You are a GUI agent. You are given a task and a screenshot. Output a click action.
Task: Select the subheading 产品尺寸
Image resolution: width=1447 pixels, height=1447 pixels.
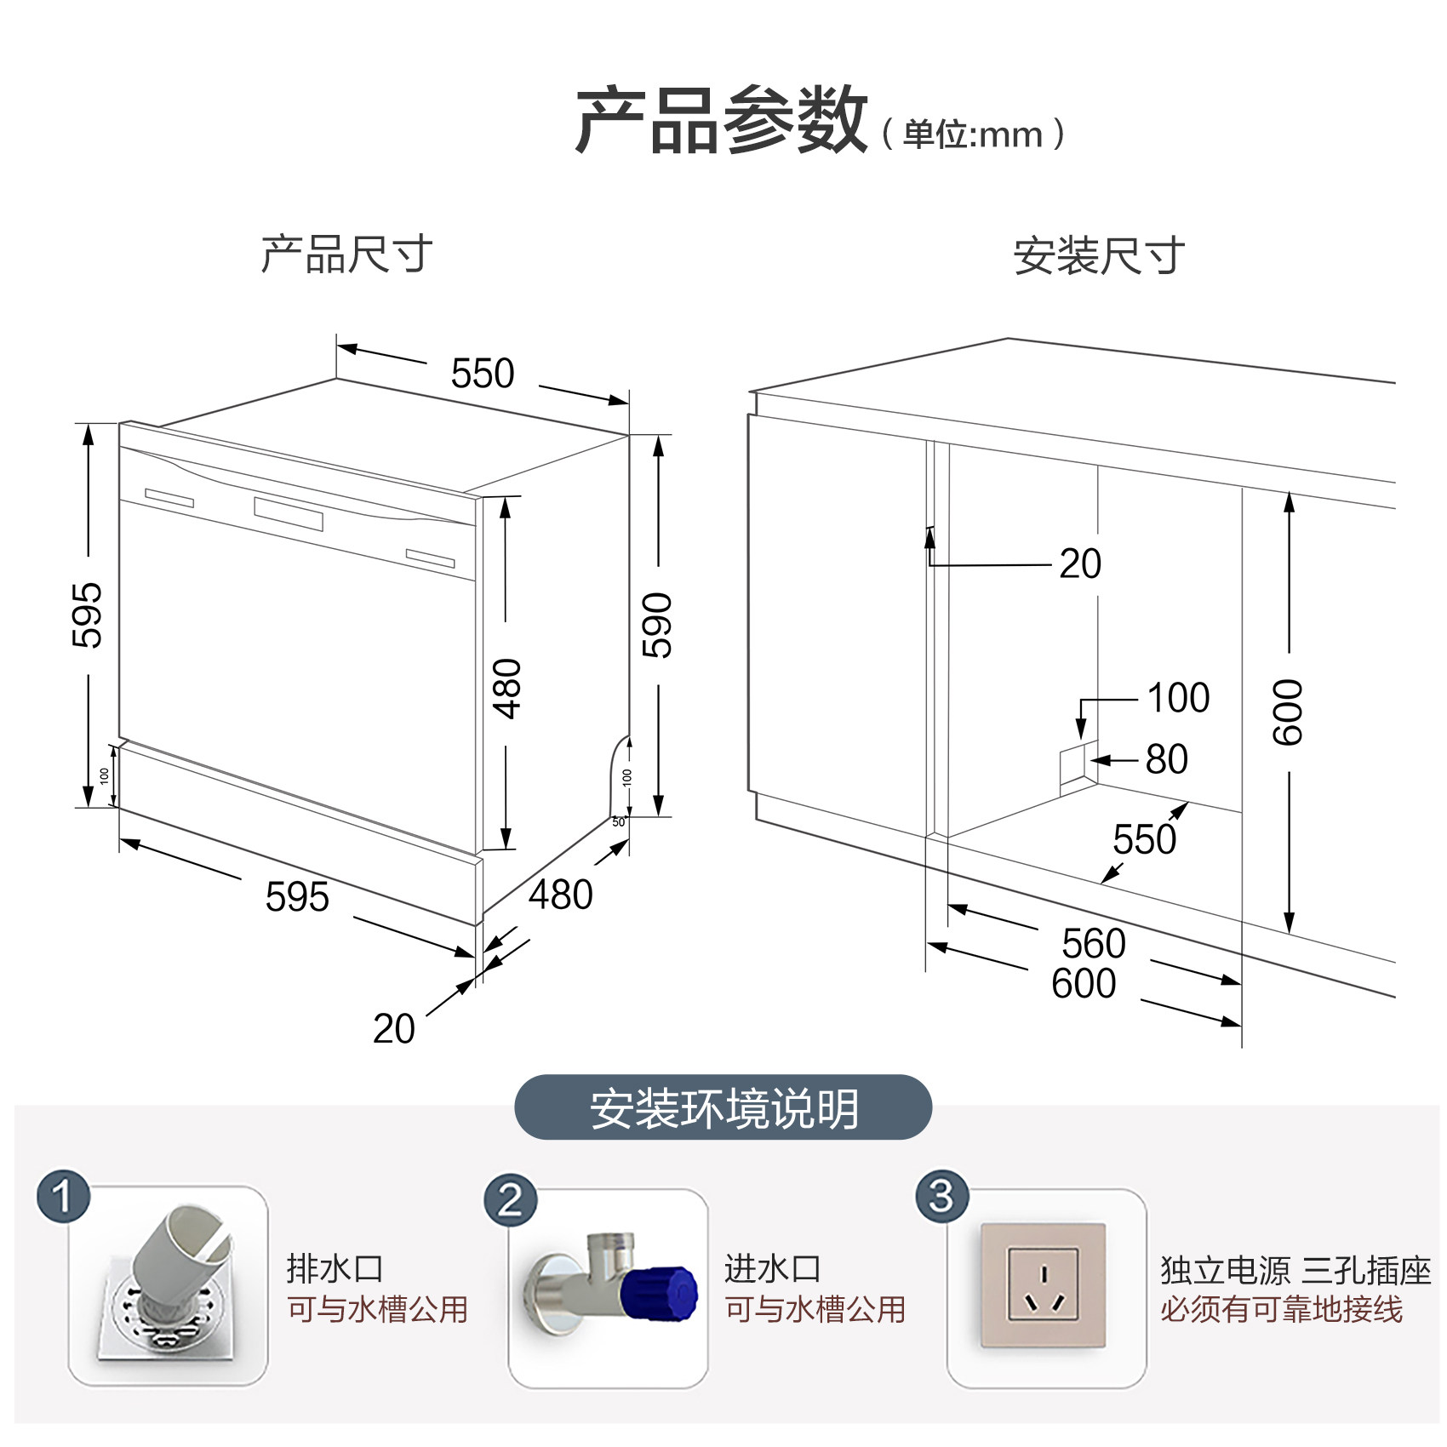(x=346, y=254)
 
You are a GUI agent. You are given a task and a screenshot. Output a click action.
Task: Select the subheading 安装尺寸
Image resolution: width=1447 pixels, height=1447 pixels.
(x=1099, y=255)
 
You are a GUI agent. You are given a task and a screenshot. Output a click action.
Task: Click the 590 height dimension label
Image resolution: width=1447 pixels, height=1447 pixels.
(x=657, y=626)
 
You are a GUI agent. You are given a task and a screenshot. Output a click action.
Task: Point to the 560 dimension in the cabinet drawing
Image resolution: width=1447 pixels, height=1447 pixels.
(x=1094, y=943)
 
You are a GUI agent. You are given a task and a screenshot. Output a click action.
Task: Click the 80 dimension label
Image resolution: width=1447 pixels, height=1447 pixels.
(x=1167, y=759)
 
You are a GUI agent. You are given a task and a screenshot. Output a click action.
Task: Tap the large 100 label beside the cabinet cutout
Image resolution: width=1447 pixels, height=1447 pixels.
(x=1179, y=698)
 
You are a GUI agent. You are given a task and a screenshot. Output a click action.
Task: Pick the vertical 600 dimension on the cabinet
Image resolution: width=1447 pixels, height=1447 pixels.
(x=1288, y=712)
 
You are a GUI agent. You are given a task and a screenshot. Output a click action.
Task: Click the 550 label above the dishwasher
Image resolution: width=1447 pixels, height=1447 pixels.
(x=483, y=373)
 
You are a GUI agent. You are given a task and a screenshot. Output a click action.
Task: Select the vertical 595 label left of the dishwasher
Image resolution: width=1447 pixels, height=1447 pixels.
(x=87, y=615)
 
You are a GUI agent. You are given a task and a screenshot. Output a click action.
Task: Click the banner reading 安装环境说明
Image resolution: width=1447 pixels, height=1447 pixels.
(x=723, y=1108)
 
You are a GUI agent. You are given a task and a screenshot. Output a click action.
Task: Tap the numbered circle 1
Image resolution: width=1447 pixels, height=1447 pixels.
(x=63, y=1197)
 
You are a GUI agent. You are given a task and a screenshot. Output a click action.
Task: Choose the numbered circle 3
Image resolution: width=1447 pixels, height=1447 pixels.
(x=941, y=1197)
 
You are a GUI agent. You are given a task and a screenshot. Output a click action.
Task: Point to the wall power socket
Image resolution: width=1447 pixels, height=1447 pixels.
(x=1044, y=1285)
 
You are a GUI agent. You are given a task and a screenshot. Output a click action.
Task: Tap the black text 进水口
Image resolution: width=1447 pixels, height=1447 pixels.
(x=772, y=1269)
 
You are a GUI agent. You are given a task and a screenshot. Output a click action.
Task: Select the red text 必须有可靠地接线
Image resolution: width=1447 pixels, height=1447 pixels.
(x=1281, y=1309)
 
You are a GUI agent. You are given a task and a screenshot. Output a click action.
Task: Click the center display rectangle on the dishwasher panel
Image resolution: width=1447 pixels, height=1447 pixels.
(x=289, y=512)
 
